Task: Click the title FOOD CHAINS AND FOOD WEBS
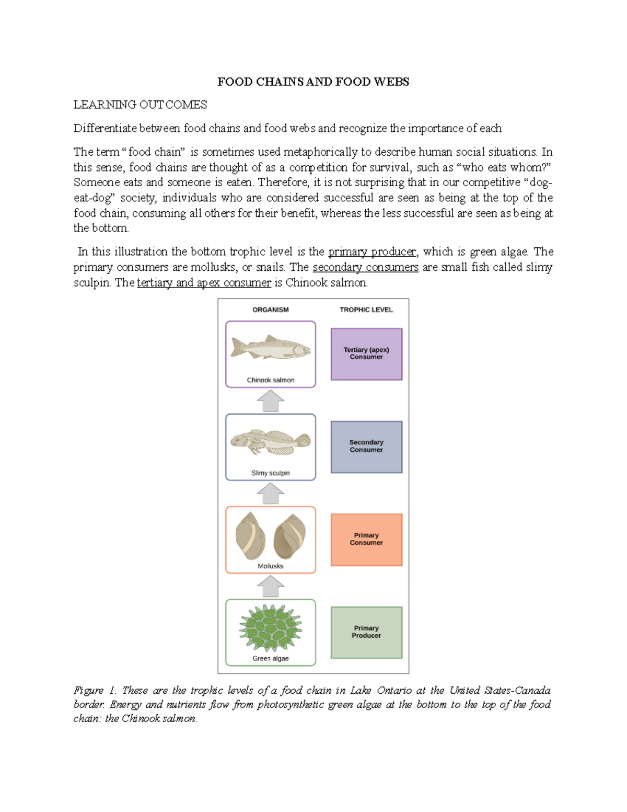(x=313, y=82)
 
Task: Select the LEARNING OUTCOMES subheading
(x=140, y=105)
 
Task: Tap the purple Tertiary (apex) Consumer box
(x=366, y=354)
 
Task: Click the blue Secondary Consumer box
(x=366, y=447)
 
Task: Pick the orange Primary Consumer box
(x=366, y=539)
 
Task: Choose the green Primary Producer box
(x=366, y=632)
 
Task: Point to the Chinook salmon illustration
(x=271, y=347)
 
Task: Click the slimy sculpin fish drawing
(x=271, y=441)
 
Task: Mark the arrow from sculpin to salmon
(x=271, y=402)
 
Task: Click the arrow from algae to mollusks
(x=271, y=587)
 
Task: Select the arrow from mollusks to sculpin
(x=271, y=494)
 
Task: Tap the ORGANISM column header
(x=271, y=310)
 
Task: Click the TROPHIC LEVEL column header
(x=366, y=310)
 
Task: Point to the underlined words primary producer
(x=372, y=252)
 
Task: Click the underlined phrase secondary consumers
(x=365, y=267)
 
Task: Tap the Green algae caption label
(x=271, y=658)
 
